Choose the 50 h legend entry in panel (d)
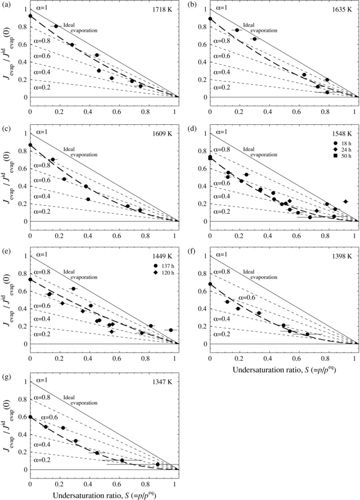339,165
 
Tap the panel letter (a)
7,5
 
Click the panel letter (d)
187,129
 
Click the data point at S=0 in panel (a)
30,16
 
